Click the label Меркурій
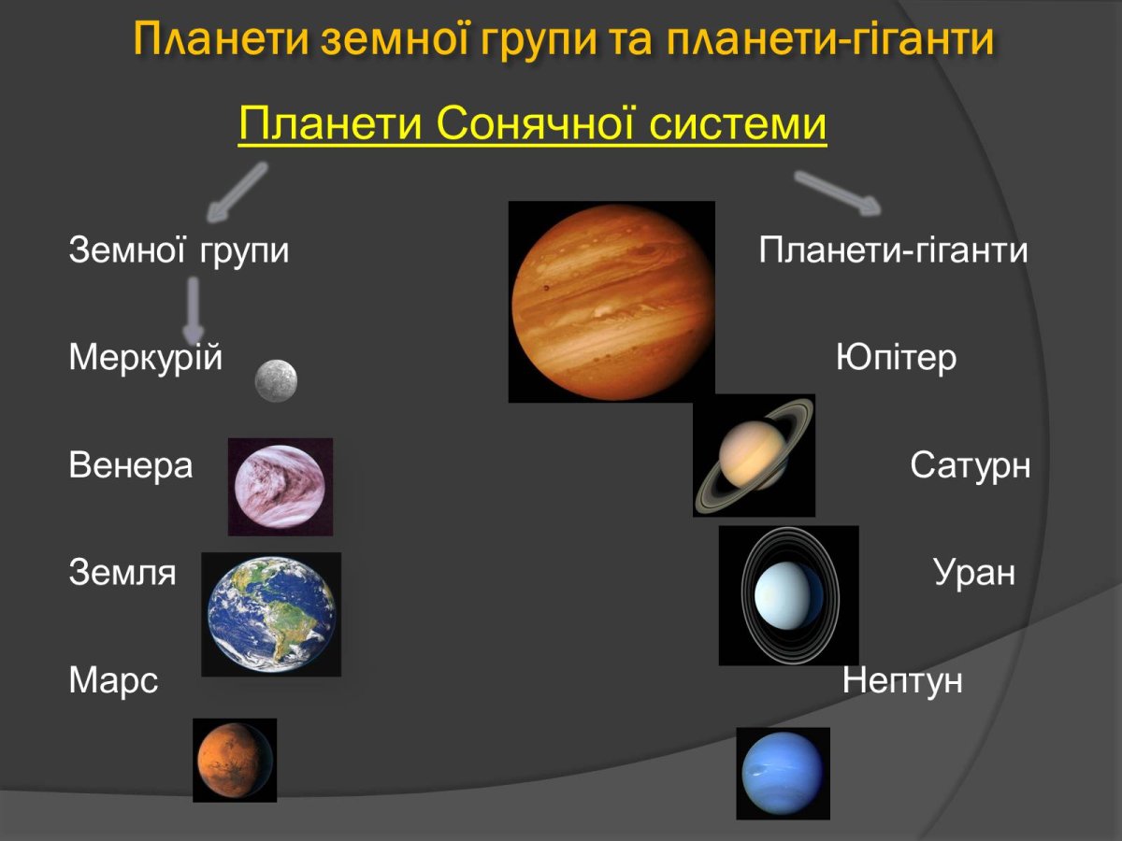point(145,358)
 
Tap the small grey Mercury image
point(277,381)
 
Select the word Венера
point(130,465)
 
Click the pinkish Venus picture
point(280,487)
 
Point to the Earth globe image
point(271,614)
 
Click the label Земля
point(122,573)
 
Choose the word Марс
point(113,681)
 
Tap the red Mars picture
point(235,760)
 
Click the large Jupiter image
point(611,302)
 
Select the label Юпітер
point(896,358)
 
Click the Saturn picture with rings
point(754,455)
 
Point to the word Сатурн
point(970,465)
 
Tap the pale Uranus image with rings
point(788,595)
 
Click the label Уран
point(973,573)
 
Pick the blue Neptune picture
point(783,773)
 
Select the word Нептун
point(901,681)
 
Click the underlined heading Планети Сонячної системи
point(533,125)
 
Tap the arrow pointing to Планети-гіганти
point(838,192)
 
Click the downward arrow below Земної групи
point(194,312)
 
